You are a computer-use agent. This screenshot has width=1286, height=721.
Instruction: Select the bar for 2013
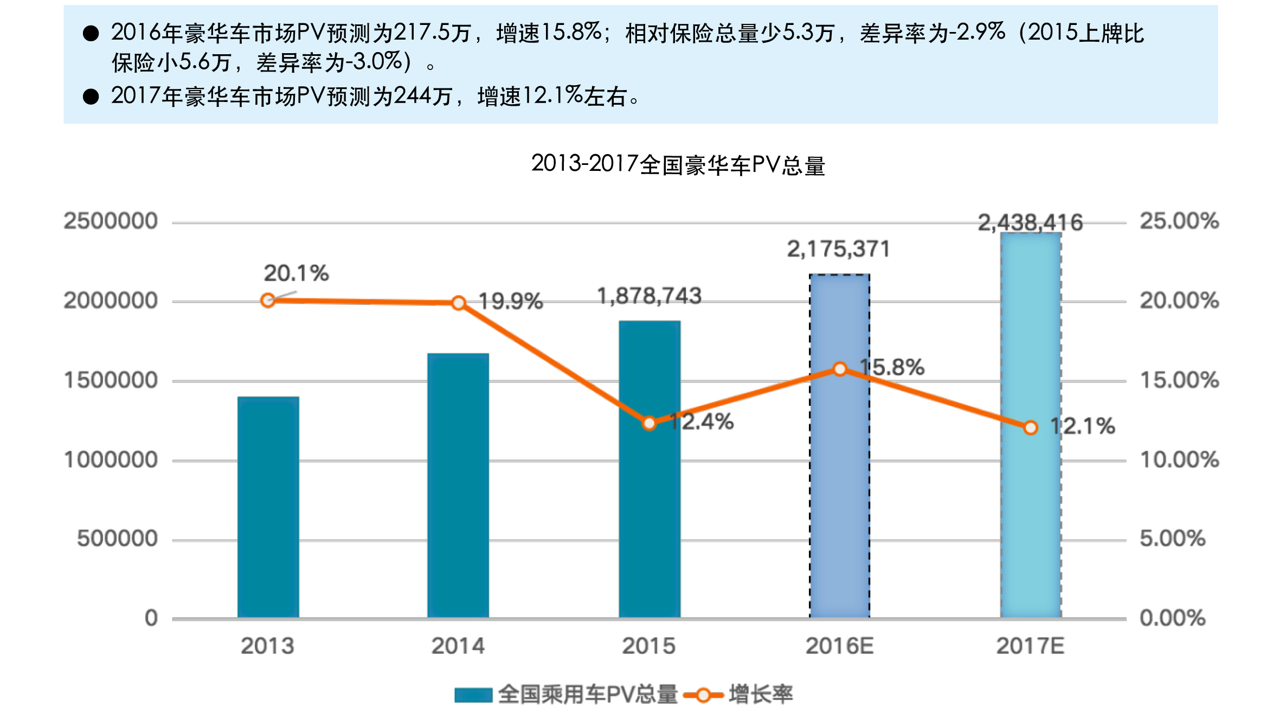pyautogui.click(x=268, y=507)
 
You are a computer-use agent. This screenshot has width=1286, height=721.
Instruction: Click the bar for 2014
pyautogui.click(x=458, y=485)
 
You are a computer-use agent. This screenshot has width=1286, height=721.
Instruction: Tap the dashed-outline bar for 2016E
pyautogui.click(x=839, y=488)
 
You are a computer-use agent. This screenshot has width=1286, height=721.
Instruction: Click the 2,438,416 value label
pyautogui.click(x=1030, y=222)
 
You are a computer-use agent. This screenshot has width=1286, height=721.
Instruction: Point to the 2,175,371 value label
pyautogui.click(x=838, y=249)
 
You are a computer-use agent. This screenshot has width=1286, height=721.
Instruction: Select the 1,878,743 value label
pyautogui.click(x=649, y=296)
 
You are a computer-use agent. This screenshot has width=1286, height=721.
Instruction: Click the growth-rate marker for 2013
pyautogui.click(x=268, y=301)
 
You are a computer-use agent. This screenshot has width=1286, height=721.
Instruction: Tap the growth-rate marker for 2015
pyautogui.click(x=649, y=423)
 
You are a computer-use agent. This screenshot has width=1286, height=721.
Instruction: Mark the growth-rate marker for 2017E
pyautogui.click(x=1030, y=428)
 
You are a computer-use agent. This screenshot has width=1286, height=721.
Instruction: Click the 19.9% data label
pyautogui.click(x=510, y=302)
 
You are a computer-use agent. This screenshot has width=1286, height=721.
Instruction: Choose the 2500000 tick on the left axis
pyautogui.click(x=111, y=221)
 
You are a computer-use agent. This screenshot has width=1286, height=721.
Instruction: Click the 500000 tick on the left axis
pyautogui.click(x=117, y=539)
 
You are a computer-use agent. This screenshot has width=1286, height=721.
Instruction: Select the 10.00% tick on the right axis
pyautogui.click(x=1179, y=460)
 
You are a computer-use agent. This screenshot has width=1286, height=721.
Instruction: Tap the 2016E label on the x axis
pyautogui.click(x=839, y=646)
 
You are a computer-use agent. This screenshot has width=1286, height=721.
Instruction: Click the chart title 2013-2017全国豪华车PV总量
pyautogui.click(x=678, y=164)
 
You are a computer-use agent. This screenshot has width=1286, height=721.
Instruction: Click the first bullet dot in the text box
pyautogui.click(x=91, y=34)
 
